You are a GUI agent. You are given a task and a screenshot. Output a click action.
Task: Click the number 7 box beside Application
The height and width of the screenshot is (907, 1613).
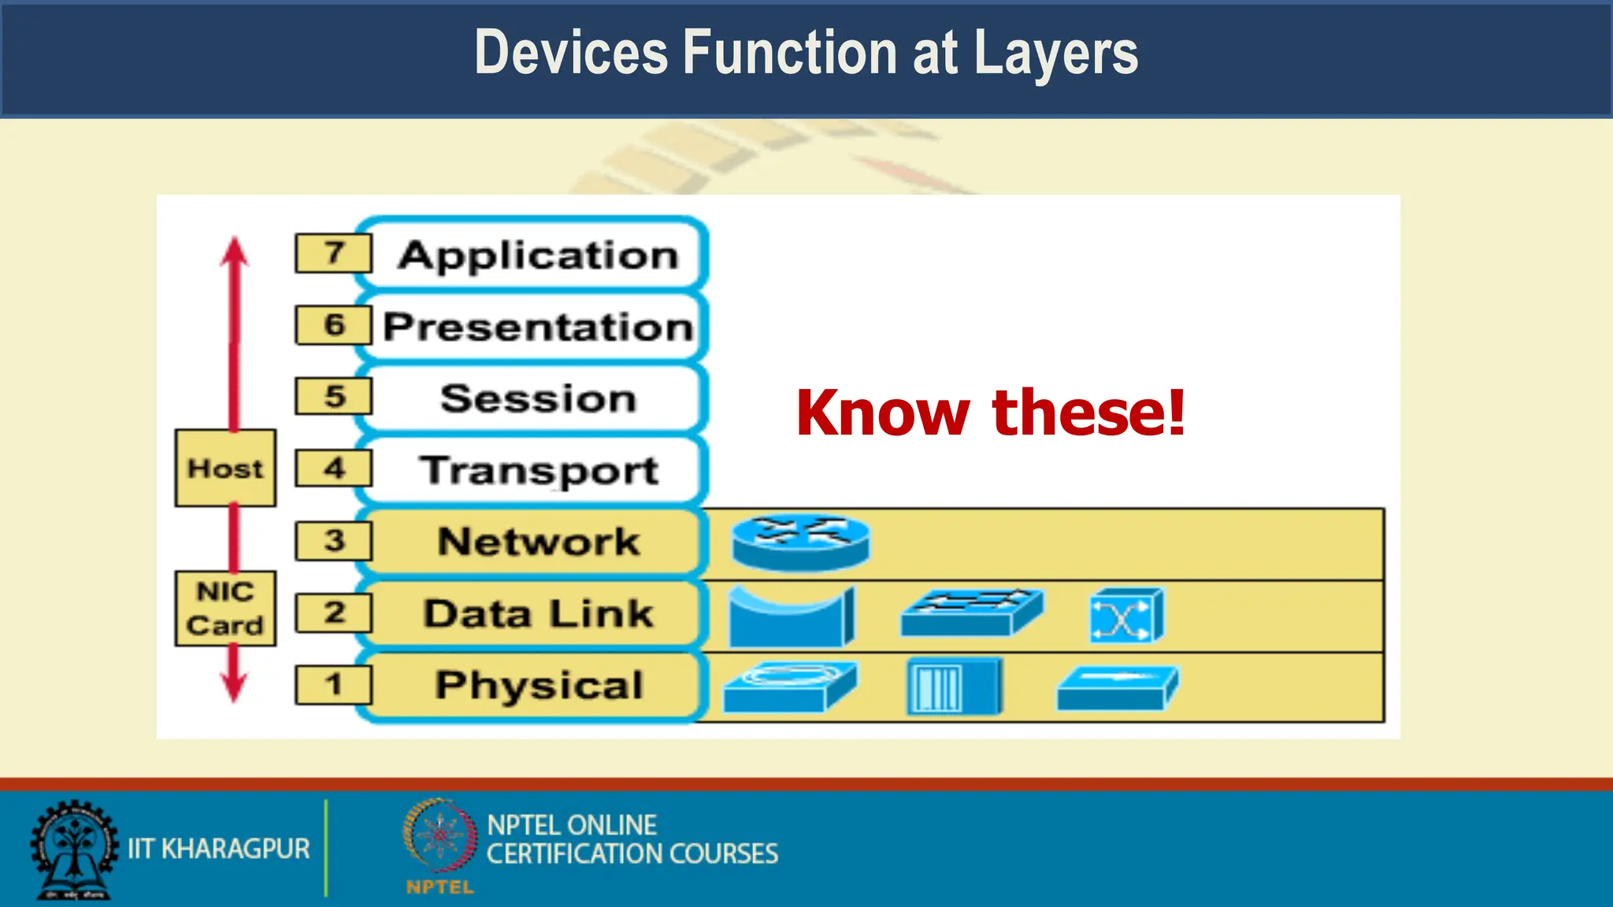[x=333, y=253]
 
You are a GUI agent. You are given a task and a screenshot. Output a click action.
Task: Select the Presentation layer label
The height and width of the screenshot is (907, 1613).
[x=537, y=327]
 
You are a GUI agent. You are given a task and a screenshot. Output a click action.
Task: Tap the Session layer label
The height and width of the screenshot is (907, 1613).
[x=537, y=398]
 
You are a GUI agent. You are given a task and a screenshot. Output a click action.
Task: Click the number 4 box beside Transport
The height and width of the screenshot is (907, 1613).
[x=333, y=468]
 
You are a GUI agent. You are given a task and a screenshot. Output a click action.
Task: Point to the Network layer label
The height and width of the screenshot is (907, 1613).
[x=537, y=542]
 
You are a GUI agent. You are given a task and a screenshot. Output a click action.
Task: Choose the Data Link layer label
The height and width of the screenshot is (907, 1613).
[x=537, y=613]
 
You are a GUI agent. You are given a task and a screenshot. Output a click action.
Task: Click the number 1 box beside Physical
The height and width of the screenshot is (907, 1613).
[x=333, y=684]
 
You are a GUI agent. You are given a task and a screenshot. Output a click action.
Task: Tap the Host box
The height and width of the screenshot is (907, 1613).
[x=225, y=468]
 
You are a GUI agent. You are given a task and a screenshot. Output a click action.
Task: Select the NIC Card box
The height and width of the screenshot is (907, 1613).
[x=225, y=609]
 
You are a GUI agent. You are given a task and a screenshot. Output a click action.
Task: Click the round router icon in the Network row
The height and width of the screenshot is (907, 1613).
[x=800, y=542]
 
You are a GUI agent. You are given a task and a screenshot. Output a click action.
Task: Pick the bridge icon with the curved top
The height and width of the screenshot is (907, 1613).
[x=791, y=616]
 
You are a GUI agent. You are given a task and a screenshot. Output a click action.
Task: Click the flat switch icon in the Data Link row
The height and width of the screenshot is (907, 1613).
[x=971, y=612]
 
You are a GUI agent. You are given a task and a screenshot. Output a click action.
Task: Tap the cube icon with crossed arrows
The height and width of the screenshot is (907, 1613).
[x=1126, y=616]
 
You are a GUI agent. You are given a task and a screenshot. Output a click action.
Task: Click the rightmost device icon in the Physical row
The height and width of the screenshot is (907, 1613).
[x=1117, y=688]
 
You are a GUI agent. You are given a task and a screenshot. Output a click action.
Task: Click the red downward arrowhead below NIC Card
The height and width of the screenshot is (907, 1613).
[x=233, y=684]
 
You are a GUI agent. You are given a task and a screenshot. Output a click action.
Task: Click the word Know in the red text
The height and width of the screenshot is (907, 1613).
[x=882, y=413]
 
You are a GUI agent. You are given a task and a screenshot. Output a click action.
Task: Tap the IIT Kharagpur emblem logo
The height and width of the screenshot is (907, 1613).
[x=72, y=849]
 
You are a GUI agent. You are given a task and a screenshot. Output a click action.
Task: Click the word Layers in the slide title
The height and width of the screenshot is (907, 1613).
[x=1055, y=54]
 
